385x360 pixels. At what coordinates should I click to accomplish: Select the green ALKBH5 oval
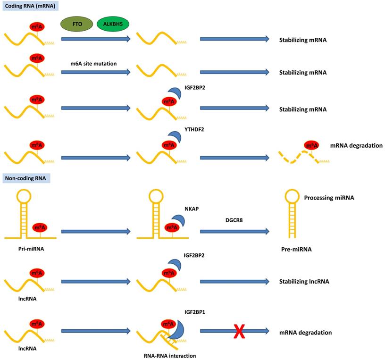coord(113,24)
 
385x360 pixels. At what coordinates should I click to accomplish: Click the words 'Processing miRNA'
coord(329,198)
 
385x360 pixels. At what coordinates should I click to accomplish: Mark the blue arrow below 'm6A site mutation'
coord(96,73)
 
